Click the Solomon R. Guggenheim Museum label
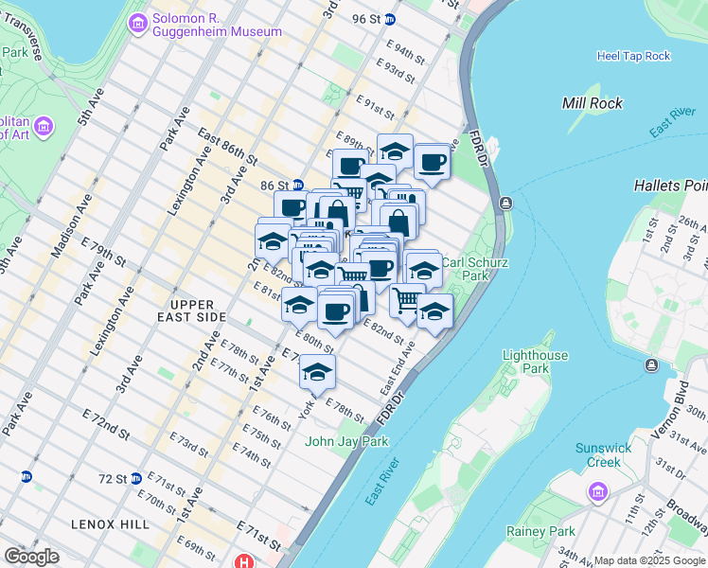(216, 25)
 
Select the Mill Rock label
(593, 103)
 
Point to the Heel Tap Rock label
(633, 56)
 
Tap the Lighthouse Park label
(535, 362)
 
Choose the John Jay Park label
(340, 440)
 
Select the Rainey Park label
(540, 531)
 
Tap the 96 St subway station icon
(390, 18)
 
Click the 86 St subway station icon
(297, 186)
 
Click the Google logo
(31, 557)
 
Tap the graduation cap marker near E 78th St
(317, 373)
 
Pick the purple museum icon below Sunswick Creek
(597, 491)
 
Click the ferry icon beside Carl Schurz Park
(507, 204)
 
